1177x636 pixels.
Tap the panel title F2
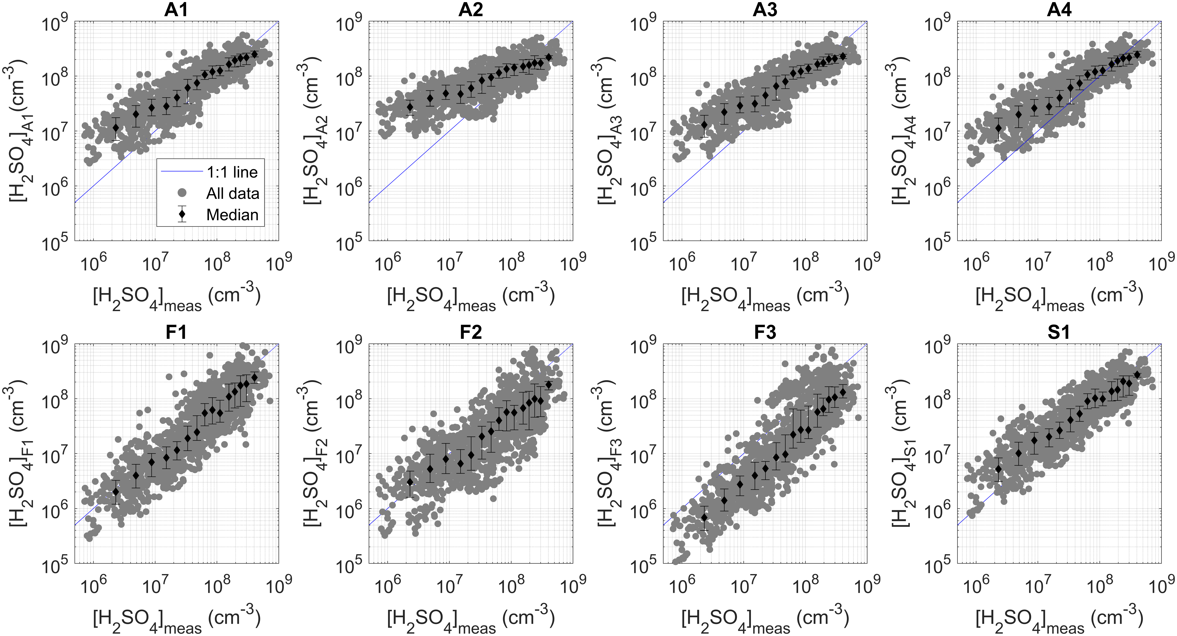point(471,332)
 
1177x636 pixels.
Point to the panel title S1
point(1059,332)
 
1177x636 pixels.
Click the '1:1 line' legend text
point(232,172)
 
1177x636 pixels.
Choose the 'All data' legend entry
point(232,194)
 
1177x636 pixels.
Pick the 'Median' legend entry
point(232,215)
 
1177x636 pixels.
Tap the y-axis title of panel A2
point(312,132)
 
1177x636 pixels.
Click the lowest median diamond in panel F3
point(704,517)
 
